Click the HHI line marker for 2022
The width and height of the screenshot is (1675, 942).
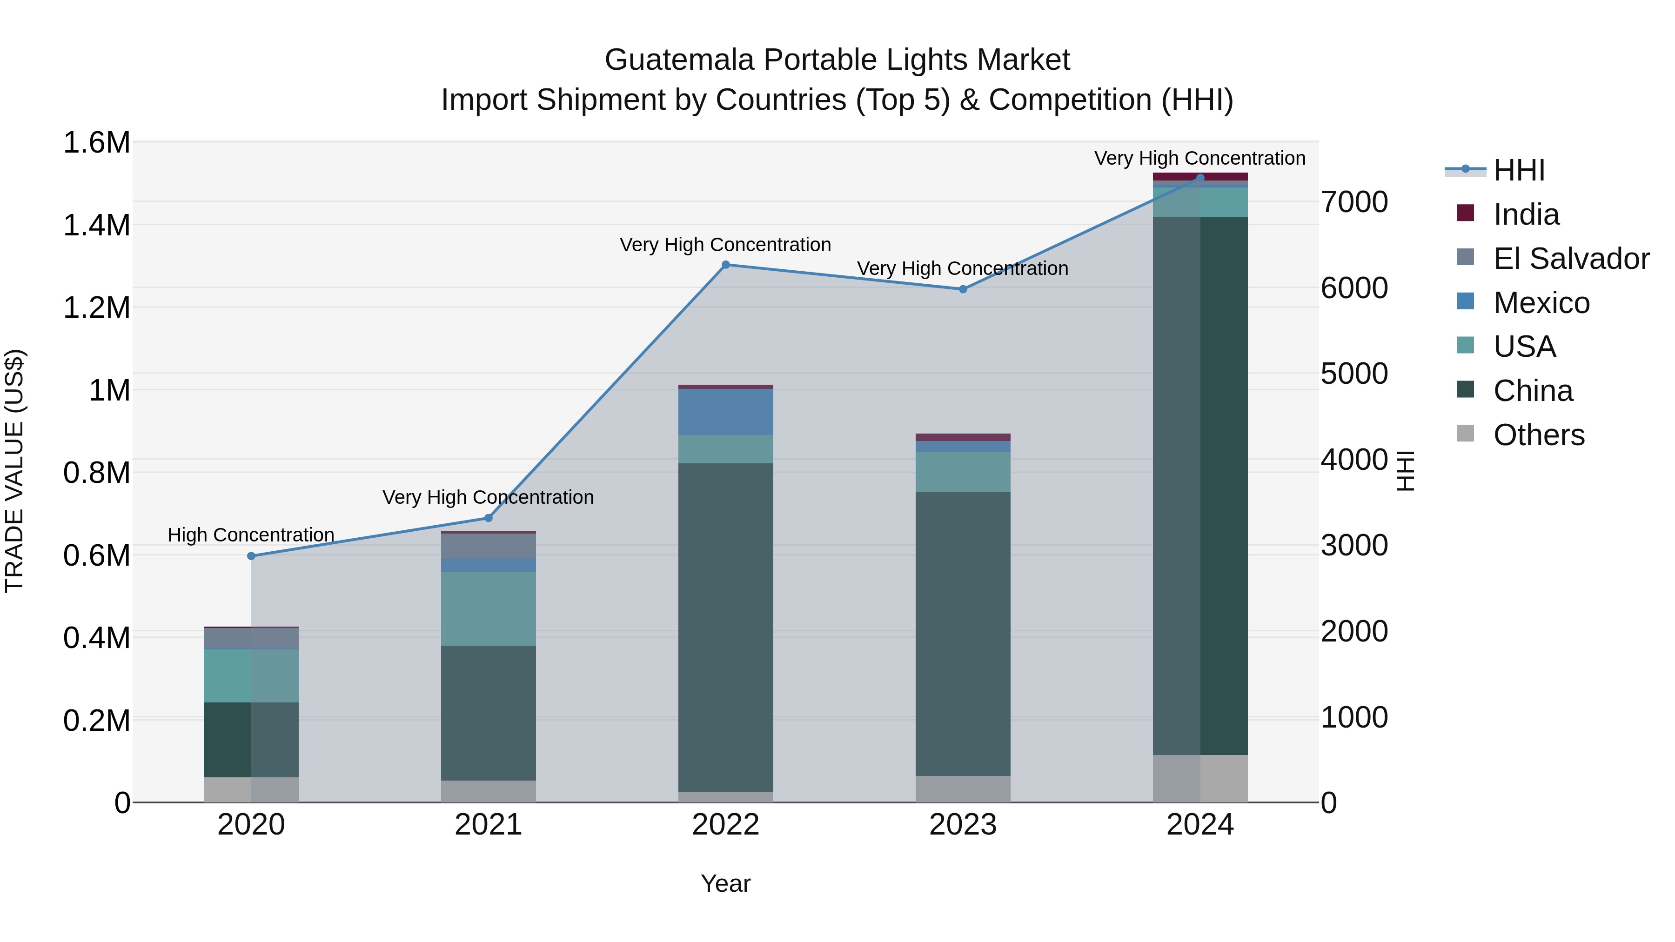(x=726, y=265)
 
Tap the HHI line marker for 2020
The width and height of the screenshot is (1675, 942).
(x=251, y=556)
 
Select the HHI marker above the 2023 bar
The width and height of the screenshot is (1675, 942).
(x=963, y=289)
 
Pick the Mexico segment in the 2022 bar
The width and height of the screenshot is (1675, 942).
(x=726, y=412)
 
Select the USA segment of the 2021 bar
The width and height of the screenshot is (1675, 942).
(x=489, y=608)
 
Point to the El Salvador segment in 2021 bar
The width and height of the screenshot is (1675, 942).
(x=489, y=546)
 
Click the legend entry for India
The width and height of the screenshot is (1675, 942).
(x=1526, y=214)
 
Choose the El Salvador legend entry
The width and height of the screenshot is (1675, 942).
(x=1570, y=259)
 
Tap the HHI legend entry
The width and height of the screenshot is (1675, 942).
(x=1518, y=170)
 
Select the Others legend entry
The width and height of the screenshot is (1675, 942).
(x=1539, y=435)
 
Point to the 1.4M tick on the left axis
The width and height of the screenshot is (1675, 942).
(x=97, y=226)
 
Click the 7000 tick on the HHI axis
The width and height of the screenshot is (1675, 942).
(x=1354, y=202)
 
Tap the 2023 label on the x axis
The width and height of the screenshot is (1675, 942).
(x=963, y=825)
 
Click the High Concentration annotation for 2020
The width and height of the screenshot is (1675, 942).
(x=251, y=535)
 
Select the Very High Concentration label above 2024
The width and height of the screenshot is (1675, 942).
(x=1199, y=158)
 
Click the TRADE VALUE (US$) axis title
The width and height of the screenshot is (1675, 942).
(x=14, y=471)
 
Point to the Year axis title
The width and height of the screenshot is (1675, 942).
(x=726, y=883)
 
